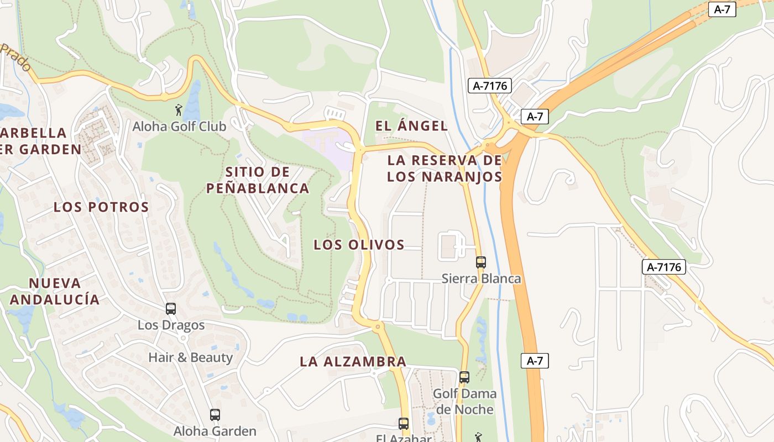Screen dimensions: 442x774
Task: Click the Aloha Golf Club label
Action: pos(179,127)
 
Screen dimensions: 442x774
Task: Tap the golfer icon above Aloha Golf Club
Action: pos(179,110)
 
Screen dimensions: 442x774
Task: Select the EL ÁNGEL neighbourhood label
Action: pos(411,126)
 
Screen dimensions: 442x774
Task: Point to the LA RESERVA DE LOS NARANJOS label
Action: pos(444,169)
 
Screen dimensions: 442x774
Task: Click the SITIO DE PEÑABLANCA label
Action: pos(258,180)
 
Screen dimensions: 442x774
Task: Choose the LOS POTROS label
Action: pos(101,207)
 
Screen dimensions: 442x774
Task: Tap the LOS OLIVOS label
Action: pos(359,245)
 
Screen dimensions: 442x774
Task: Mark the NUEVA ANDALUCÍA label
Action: pos(55,291)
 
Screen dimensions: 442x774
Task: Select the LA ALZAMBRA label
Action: pos(353,362)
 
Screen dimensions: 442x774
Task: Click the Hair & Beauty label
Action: pos(190,357)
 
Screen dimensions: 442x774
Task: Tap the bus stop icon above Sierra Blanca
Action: pos(481,262)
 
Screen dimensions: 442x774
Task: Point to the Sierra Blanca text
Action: pos(481,278)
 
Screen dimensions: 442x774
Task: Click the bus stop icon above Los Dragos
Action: pos(171,309)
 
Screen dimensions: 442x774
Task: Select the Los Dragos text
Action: pos(171,325)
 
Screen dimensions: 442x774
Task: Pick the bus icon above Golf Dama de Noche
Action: pos(464,377)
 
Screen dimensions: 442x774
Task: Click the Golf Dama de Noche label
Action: pos(464,402)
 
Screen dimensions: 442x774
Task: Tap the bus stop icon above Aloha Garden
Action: pos(215,414)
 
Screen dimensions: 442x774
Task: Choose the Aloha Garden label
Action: pos(215,431)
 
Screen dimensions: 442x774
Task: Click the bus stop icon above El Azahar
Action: pos(404,424)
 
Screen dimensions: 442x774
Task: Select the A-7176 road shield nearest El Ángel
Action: pos(490,86)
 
